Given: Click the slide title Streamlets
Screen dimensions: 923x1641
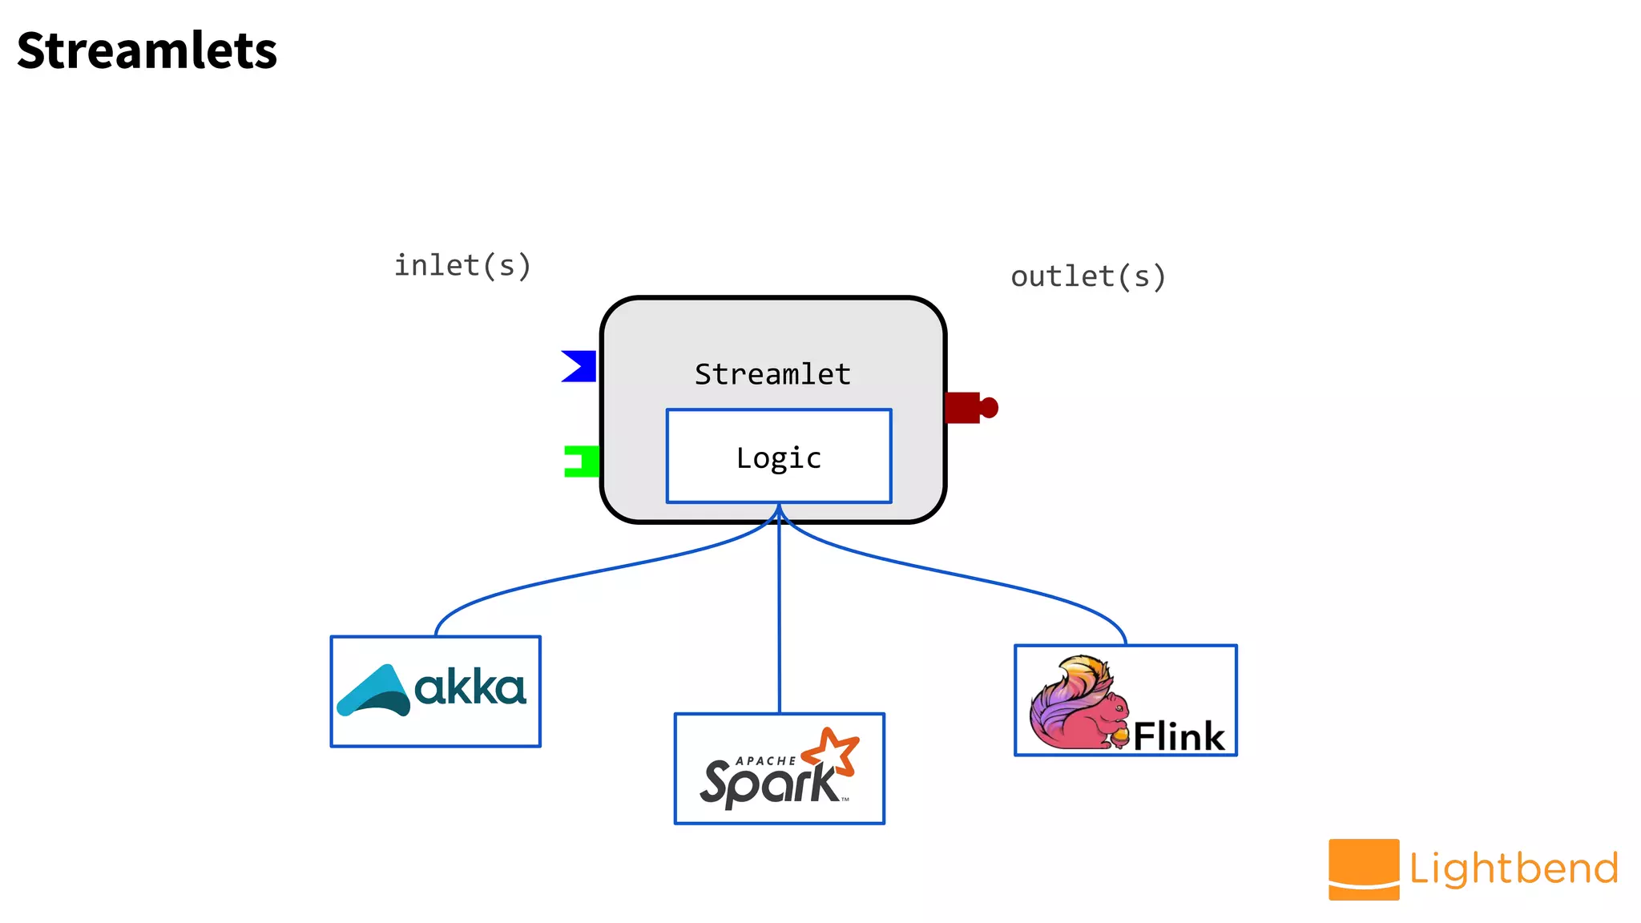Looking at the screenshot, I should (147, 51).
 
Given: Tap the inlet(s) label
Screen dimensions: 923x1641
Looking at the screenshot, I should (462, 265).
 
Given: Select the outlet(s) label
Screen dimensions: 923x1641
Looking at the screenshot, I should (1087, 276).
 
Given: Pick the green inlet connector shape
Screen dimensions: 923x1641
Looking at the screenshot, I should (583, 461).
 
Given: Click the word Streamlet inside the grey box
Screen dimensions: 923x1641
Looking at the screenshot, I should (772, 374).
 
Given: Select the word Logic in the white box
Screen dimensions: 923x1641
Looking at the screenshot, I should (779, 458).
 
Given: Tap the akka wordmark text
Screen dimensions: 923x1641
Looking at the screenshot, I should (470, 688).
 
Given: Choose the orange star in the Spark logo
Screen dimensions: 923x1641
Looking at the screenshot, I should (831, 751).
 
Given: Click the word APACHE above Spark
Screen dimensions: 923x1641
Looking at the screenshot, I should (765, 760).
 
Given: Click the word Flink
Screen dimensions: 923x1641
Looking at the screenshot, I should (1179, 736).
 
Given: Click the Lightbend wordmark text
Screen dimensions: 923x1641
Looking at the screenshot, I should (1514, 869).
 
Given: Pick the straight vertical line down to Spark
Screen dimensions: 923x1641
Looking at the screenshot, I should (779, 625).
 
